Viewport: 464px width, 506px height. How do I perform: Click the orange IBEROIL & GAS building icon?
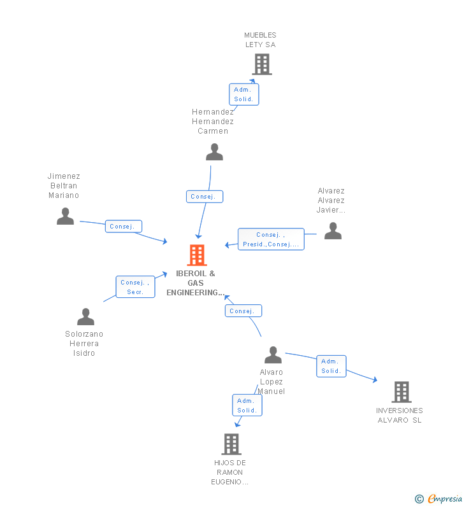197,255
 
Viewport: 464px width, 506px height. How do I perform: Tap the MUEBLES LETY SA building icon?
262,64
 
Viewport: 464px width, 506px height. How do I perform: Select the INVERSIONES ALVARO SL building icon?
402,392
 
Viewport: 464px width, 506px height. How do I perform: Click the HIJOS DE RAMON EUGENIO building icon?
231,444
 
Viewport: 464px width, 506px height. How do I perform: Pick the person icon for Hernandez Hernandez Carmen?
214,152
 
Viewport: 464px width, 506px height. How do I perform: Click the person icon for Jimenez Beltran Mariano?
65,216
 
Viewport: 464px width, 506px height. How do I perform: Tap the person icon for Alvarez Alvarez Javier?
333,231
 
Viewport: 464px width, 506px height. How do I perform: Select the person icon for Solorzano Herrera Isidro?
85,316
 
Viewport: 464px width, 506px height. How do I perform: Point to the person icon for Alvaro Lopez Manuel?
273,355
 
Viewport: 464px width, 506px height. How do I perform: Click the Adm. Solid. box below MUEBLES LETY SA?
244,94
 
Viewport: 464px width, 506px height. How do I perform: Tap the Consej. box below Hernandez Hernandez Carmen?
205,197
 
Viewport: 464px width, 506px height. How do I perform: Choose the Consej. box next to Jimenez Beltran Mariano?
124,226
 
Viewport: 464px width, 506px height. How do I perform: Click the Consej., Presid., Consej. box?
271,239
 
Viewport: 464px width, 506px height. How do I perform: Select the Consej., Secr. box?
135,287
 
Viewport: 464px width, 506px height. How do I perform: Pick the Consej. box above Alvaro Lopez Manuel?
243,311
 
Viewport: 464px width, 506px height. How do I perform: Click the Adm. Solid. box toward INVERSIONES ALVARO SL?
331,366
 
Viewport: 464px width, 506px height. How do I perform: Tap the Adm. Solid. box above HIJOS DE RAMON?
247,405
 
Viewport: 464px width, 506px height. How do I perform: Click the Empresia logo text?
445,498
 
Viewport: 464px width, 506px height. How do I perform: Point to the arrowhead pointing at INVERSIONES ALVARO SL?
375,379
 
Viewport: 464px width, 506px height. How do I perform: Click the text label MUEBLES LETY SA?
261,39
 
